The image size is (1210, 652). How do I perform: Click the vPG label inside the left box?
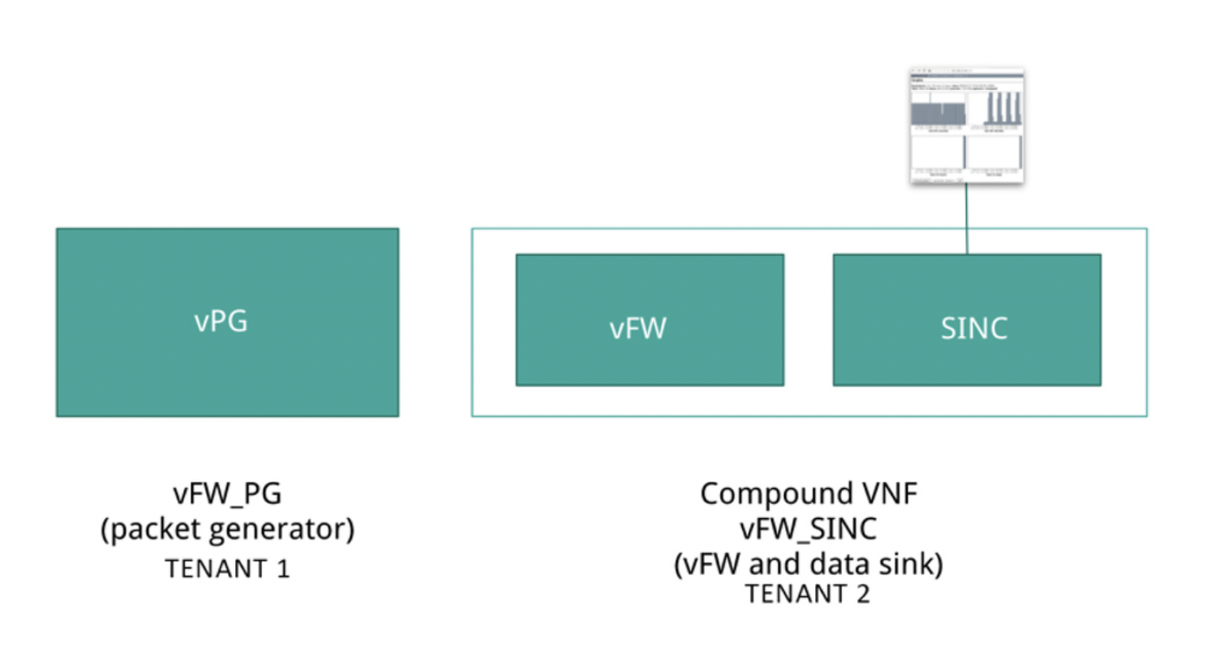click(221, 321)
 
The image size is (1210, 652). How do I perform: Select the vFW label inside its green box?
click(637, 328)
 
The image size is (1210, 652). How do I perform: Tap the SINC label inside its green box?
click(974, 328)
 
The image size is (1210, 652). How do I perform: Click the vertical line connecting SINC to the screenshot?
click(966, 219)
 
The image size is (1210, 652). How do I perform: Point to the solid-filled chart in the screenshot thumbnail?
click(938, 113)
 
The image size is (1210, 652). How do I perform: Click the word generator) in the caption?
click(286, 530)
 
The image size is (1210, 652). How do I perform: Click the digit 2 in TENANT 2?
click(862, 594)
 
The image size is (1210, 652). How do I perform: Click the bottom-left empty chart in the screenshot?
click(938, 152)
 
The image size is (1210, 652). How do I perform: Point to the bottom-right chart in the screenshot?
click(993, 152)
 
